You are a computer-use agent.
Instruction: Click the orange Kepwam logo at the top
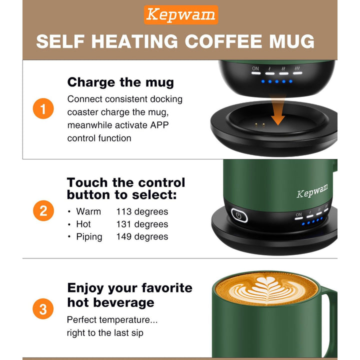point(180,15)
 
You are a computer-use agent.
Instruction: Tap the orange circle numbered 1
point(43,109)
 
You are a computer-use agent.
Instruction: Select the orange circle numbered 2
point(43,210)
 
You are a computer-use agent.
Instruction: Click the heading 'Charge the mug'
point(120,82)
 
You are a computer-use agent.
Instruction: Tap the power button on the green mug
point(239,216)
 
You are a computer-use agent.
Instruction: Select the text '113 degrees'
point(142,212)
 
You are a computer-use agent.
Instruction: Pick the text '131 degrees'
point(142,224)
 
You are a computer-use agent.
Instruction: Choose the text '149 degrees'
point(142,237)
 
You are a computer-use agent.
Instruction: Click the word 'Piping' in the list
point(89,237)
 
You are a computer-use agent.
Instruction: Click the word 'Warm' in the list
point(88,212)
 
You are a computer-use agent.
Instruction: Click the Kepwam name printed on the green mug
point(312,191)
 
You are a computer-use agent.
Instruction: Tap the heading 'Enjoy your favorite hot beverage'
point(129,295)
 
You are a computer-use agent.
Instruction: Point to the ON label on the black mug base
point(255,68)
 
